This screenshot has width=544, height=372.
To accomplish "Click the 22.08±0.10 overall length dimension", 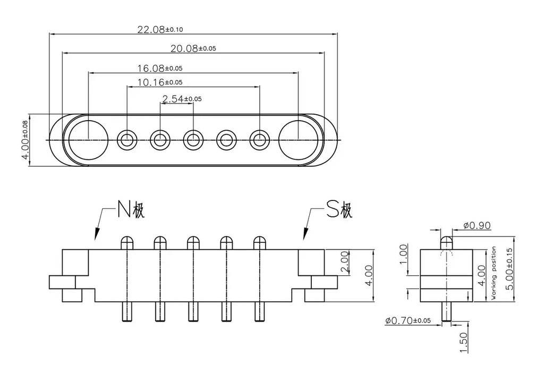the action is [160, 29].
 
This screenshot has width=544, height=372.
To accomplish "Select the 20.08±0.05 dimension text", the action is [193, 48].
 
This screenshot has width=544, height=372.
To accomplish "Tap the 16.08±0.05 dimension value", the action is [159, 68].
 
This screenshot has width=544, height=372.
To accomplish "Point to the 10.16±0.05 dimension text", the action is [159, 82].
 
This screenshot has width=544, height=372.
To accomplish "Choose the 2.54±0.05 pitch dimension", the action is [182, 99].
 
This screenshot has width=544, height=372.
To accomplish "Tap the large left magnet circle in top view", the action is [89, 140].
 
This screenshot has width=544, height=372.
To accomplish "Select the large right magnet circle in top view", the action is [299, 140].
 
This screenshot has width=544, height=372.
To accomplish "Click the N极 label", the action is [130, 209].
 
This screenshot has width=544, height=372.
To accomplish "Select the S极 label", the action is [339, 209].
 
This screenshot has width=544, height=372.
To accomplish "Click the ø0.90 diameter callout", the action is [477, 225].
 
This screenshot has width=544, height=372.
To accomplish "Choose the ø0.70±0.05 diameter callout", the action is [407, 320].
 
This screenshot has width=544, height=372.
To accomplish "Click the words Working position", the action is [494, 273].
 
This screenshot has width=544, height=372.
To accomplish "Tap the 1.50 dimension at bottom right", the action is [464, 342].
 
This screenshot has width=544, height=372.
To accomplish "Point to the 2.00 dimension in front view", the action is [344, 263].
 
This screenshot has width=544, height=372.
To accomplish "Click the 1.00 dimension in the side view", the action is [403, 255].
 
